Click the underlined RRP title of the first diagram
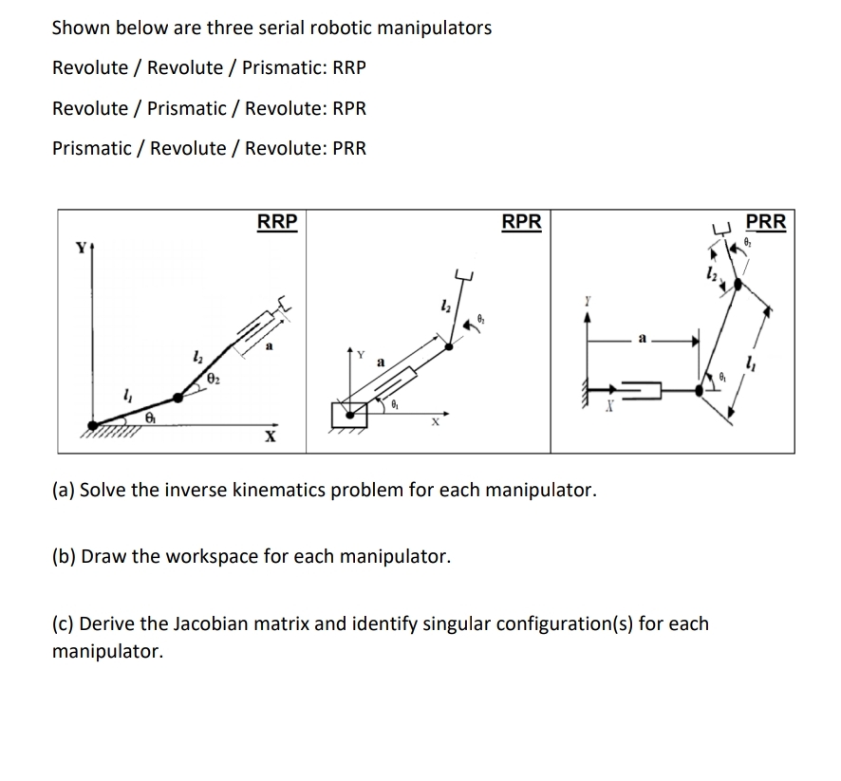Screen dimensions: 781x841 click(x=277, y=221)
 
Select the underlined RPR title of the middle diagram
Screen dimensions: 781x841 click(x=521, y=221)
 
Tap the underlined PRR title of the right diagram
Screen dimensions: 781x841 click(x=765, y=221)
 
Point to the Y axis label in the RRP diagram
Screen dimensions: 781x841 click(x=83, y=249)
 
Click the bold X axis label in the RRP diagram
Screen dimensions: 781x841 click(x=271, y=436)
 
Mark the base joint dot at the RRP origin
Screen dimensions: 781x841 click(x=93, y=425)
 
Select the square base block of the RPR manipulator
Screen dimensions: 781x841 click(x=349, y=415)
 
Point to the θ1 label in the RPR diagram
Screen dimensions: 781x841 click(x=396, y=405)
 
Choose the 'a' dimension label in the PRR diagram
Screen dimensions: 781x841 click(x=645, y=337)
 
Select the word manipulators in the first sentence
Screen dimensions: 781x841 click(x=434, y=28)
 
